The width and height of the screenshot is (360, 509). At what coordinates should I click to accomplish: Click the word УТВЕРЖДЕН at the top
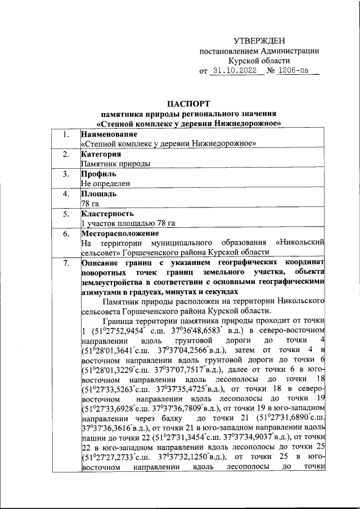coord(259,40)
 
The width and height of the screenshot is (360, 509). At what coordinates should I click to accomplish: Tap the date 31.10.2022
coord(236,71)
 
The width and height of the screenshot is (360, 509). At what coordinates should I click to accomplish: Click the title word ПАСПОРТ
coord(189,103)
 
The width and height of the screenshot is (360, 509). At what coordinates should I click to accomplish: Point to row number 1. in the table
coord(66,134)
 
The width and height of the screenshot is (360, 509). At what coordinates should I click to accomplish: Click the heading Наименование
coord(109,134)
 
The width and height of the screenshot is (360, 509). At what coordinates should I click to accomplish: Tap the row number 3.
coord(66,174)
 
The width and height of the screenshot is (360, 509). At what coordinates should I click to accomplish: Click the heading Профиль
coord(100,174)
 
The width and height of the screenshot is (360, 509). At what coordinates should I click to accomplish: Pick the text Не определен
coord(106,183)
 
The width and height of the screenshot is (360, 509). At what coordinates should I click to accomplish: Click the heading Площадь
coord(99,193)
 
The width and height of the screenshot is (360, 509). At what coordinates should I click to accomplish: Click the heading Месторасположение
coord(120,233)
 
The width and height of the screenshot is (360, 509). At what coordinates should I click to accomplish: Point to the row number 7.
coord(66,263)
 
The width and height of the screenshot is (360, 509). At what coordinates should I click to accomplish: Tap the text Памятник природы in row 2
coord(116,164)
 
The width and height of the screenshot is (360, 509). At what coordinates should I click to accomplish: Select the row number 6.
coord(66,233)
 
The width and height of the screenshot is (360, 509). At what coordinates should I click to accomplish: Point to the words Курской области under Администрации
coord(259,61)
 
